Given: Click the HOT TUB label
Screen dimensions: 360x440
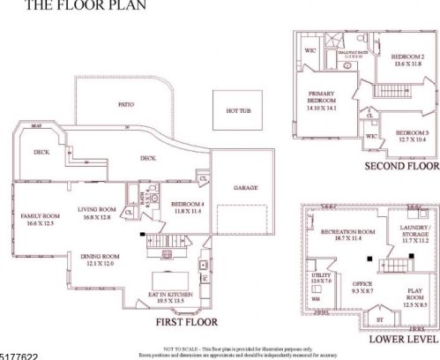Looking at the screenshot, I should pyautogui.click(x=239, y=110).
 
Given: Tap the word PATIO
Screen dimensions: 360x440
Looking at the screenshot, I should pyautogui.click(x=126, y=104).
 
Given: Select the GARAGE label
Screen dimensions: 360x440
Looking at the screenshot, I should pyautogui.click(x=245, y=188).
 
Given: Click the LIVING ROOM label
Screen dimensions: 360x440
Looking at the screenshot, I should pyautogui.click(x=98, y=209).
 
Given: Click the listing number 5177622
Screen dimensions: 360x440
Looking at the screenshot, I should pyautogui.click(x=19, y=354).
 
